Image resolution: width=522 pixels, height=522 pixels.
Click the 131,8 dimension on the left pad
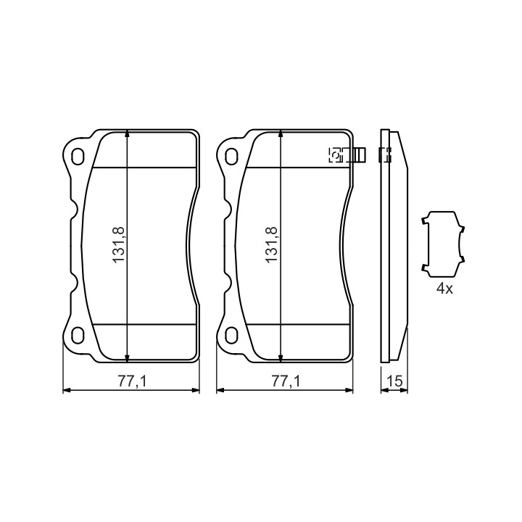119,245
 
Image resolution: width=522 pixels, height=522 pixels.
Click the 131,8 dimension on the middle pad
272,245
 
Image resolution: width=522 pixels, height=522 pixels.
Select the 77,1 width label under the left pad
132,381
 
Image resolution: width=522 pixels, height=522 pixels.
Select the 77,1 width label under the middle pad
286,381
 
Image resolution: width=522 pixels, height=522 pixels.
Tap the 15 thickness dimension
395,381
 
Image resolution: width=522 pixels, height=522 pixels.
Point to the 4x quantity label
444,289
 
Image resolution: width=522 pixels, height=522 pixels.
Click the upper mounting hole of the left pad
78,156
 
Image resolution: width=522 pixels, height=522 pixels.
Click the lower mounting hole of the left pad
78,334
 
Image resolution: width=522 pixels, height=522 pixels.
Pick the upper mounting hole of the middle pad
231,156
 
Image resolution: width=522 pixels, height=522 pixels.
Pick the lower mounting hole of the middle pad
231,334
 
